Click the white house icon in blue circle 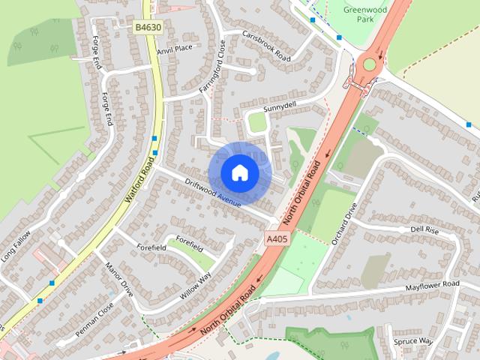coord(239,173)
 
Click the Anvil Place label coord(174,49)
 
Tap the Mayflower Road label coord(432,286)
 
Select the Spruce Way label coord(413,341)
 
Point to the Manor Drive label coord(119,278)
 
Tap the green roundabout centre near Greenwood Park coord(369,64)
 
